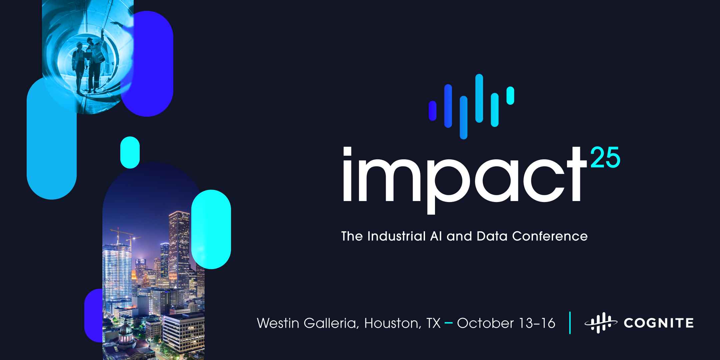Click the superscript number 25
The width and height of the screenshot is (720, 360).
pyautogui.click(x=605, y=157)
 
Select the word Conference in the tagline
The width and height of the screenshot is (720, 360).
pyautogui.click(x=550, y=236)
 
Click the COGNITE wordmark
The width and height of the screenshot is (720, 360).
pyautogui.click(x=659, y=323)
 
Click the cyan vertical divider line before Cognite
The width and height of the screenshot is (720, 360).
pyautogui.click(x=570, y=323)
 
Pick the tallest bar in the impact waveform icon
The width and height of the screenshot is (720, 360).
pyautogui.click(x=479, y=98)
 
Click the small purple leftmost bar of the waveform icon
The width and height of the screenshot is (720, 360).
pyautogui.click(x=433, y=111)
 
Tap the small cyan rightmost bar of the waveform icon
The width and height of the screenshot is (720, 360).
pyautogui.click(x=510, y=96)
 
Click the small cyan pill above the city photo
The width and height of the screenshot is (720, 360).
pyautogui.click(x=130, y=152)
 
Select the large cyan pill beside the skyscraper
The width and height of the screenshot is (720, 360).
pyautogui.click(x=211, y=229)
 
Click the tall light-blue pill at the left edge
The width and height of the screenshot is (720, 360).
pyautogui.click(x=51, y=140)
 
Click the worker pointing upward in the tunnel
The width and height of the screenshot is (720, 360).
pyautogui.click(x=95, y=60)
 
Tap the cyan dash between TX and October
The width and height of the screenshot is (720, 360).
pyautogui.click(x=448, y=323)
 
